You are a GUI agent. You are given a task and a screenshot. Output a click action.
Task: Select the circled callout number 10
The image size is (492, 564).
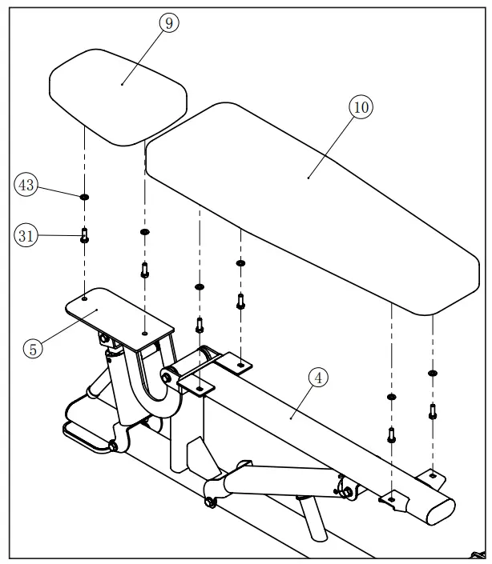pos(361,107)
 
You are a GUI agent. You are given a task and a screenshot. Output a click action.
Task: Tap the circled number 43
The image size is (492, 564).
pos(26,185)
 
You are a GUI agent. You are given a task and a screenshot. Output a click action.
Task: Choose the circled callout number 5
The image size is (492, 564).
pos(34,348)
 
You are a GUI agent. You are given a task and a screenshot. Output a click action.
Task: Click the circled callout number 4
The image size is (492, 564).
pos(319,378)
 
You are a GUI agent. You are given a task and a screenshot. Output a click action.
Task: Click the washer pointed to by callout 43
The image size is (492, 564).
pos(84,196)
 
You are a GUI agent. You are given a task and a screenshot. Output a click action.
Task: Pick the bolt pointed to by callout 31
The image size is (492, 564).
pos(84,236)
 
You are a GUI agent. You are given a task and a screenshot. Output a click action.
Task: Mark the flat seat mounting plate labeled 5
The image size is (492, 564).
pos(120,314)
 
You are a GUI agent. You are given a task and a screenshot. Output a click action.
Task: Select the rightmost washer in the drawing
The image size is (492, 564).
pos(433,373)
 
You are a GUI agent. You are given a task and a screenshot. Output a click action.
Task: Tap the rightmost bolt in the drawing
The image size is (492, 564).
pos(433,413)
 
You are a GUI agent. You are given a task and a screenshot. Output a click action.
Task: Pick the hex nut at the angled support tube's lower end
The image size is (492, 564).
pos(211,502)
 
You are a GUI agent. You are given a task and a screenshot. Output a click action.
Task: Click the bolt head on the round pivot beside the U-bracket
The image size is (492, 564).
pos(167,372)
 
